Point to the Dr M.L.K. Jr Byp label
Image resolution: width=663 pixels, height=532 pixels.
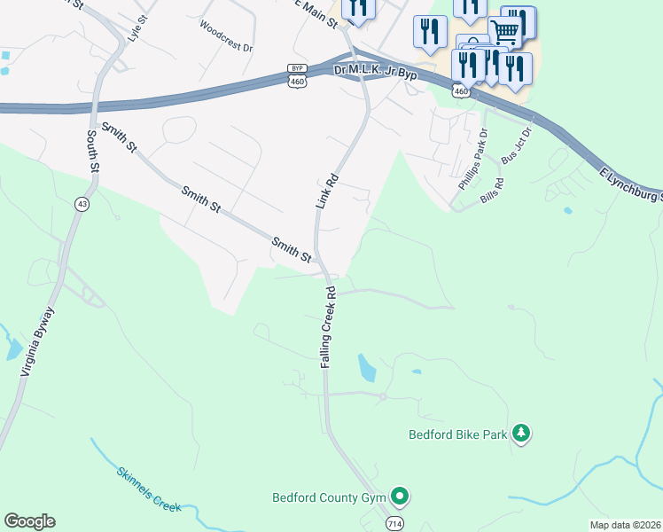tap(375, 71)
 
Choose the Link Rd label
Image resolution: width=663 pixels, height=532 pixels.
tap(327, 191)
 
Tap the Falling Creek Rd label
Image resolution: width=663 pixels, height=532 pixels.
tap(328, 326)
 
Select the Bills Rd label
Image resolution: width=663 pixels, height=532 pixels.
tap(492, 192)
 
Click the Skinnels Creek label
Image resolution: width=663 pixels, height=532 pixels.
tap(148, 489)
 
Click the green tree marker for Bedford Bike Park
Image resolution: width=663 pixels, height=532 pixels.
tap(523, 433)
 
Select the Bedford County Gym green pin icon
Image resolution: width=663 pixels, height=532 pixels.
tap(400, 496)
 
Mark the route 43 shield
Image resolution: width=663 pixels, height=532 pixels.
tap(82, 203)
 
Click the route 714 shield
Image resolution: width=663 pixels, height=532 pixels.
tap(394, 524)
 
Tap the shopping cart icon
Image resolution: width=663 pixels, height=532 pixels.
tap(504, 32)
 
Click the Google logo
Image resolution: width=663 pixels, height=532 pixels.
tap(29, 521)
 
